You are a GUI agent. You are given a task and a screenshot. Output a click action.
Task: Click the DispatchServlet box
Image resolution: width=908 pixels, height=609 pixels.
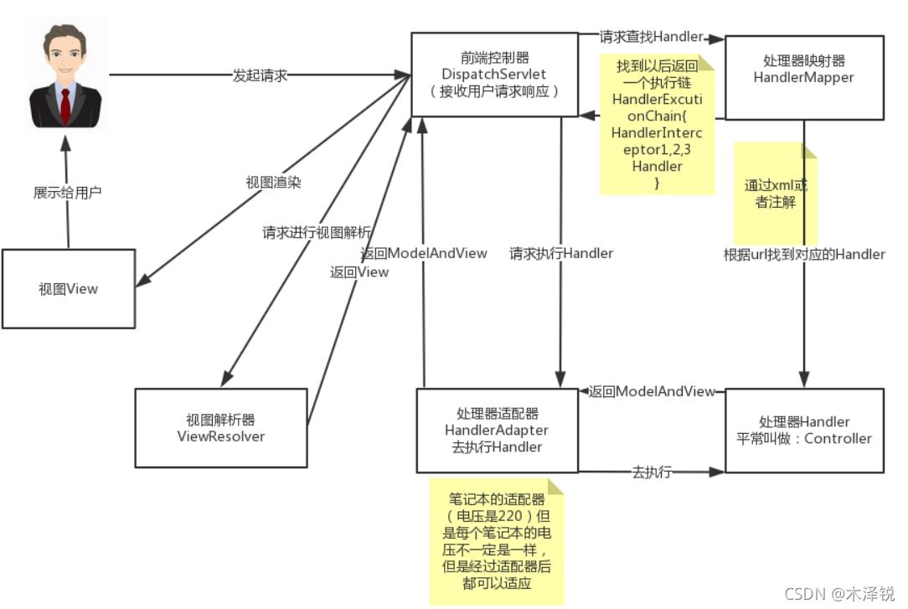coord(494,75)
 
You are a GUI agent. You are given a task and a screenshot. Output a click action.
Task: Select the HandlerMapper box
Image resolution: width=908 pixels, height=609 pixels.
coord(803,77)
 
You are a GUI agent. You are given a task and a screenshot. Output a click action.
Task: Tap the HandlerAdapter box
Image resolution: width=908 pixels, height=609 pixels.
coord(497,430)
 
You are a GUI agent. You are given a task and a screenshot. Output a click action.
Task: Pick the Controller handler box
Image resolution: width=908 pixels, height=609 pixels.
coord(803,430)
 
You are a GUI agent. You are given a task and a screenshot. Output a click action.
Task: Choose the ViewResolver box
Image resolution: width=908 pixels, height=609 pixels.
coord(221,427)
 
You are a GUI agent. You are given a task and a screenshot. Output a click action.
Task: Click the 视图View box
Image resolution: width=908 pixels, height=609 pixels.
coord(68,289)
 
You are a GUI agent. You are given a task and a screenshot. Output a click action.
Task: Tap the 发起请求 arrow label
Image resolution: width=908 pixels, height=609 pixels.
coord(260,75)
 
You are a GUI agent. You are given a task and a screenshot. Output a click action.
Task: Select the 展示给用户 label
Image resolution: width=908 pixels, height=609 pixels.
coord(67,192)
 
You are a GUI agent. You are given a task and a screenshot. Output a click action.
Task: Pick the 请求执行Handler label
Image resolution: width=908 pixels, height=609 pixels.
coord(561,253)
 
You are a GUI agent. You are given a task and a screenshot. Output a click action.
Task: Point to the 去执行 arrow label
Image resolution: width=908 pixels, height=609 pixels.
coord(651,472)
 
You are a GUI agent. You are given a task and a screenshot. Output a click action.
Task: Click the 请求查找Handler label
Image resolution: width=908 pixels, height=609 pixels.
coord(650,37)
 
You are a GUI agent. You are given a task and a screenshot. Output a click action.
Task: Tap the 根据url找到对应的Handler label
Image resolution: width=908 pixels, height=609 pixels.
coord(804,254)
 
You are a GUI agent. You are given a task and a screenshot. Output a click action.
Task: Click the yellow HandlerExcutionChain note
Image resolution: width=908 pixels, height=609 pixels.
coord(657,123)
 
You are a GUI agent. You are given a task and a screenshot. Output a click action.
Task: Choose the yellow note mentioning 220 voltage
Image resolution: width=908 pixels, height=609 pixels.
coord(496,541)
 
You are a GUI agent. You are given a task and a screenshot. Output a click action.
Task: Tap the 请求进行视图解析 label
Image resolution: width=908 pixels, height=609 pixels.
coord(317,232)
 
